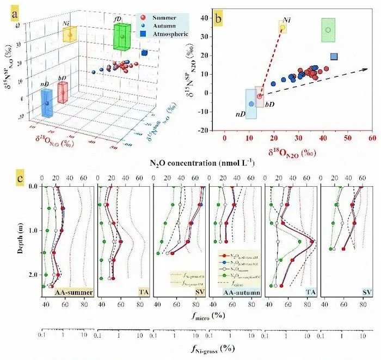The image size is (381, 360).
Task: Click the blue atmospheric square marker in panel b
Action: pos(334,57)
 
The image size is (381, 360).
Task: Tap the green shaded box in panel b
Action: pos(328,30)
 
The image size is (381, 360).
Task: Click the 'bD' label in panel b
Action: pos(269,103)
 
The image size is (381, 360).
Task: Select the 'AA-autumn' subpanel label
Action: pos(242,292)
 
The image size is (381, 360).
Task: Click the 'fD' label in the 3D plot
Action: pos(118,19)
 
